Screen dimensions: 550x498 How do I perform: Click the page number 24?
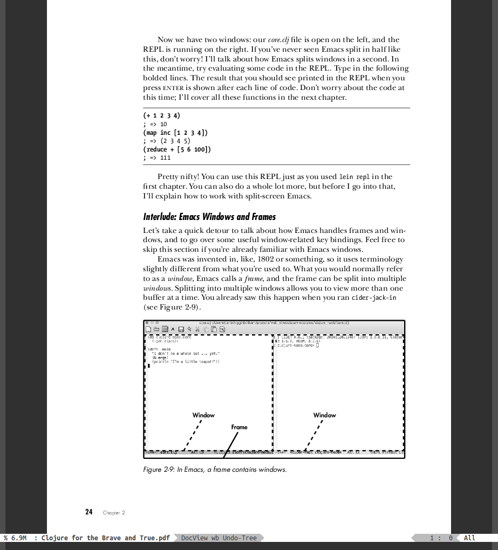[89, 512]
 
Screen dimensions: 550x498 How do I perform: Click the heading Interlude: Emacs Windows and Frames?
[209, 217]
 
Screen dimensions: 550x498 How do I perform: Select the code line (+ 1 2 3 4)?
[162, 115]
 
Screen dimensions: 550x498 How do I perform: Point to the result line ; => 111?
[157, 158]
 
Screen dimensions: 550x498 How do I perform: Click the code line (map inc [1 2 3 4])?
[175, 132]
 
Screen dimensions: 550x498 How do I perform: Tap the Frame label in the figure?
[239, 427]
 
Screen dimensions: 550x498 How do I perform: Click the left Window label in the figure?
[203, 415]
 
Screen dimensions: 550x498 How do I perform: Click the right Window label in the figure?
[324, 415]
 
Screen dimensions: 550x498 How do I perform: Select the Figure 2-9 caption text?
[215, 469]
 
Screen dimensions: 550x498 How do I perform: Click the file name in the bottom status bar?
[106, 538]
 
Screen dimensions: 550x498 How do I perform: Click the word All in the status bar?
[469, 538]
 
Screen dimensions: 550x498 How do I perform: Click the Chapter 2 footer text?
[114, 513]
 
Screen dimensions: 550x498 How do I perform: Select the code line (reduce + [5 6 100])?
[177, 149]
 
